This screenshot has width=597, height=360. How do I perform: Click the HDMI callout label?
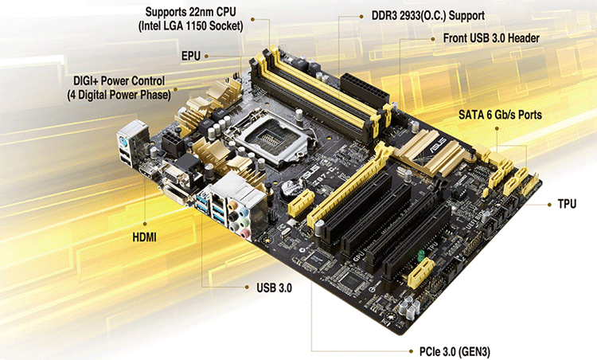[x=144, y=237]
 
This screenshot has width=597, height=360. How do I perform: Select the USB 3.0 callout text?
[x=274, y=288]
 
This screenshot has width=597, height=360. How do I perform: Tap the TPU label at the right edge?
[x=567, y=204]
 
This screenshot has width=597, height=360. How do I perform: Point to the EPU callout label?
[x=191, y=56]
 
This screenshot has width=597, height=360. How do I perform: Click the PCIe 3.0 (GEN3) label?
[x=455, y=351]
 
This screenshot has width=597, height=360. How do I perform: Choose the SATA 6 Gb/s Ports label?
[x=500, y=115]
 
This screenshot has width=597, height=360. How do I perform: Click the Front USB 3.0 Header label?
[x=491, y=38]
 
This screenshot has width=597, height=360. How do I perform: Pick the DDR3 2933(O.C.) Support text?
[x=428, y=16]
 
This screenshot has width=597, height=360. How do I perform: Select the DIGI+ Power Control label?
[x=119, y=80]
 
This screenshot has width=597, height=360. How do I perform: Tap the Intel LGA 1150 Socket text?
[x=190, y=26]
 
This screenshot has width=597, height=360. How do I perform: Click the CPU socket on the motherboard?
[x=272, y=139]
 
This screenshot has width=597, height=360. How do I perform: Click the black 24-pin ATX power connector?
[x=365, y=90]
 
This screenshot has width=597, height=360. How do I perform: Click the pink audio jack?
[x=244, y=233]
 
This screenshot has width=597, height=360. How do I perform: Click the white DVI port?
[x=176, y=194]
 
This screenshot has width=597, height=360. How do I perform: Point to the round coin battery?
[x=291, y=188]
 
